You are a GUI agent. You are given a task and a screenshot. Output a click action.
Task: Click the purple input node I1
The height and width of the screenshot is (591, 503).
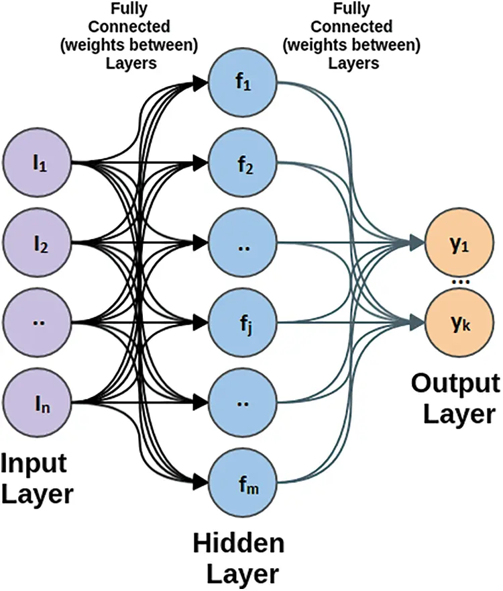38,163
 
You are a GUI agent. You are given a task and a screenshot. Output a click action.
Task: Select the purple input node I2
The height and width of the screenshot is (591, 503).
38,242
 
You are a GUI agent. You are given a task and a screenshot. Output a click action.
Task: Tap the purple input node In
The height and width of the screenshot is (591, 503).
38,402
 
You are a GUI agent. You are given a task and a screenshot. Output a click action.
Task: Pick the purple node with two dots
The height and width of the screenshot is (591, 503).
38,322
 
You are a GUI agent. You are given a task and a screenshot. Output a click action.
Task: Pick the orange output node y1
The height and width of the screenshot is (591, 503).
459,245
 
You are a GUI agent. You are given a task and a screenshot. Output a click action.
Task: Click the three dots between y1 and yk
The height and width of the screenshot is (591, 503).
459,283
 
